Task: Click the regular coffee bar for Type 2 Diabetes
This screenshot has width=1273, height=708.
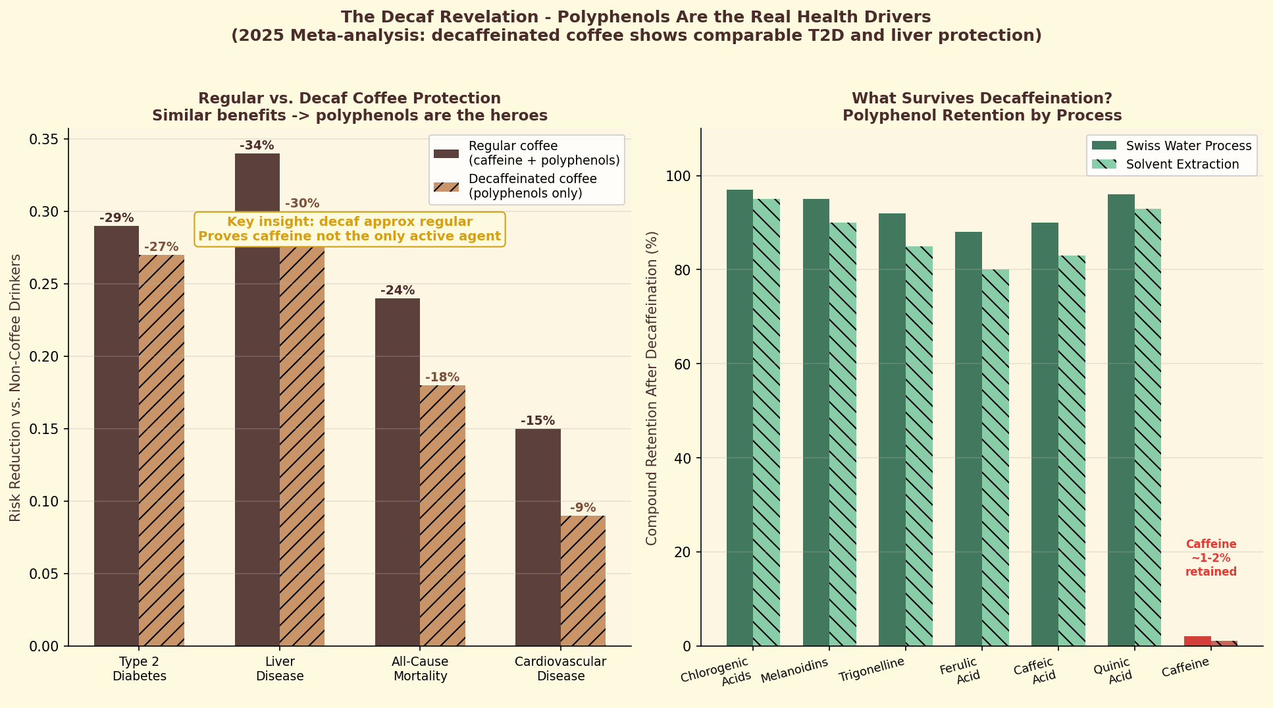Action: tap(117, 435)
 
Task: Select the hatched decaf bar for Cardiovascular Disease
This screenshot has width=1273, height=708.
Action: tap(583, 580)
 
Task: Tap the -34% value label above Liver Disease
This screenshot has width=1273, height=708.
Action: tap(257, 146)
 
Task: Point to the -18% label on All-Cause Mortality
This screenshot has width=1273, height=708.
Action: tap(442, 377)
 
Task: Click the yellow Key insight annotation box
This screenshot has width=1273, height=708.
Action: tap(350, 229)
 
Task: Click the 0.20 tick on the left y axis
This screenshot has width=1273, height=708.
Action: tap(44, 356)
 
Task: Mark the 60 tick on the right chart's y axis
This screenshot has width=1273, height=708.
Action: tap(683, 364)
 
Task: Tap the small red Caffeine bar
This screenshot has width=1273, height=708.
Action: tap(1197, 641)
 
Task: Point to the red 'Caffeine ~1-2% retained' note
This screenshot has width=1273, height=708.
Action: tap(1211, 558)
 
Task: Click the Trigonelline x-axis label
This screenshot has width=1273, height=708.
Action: tap(871, 670)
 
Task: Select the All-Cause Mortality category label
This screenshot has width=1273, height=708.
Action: tap(420, 668)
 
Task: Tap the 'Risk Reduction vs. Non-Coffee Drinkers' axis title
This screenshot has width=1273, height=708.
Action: tap(15, 387)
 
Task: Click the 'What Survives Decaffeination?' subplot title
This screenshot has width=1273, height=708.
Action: tap(981, 98)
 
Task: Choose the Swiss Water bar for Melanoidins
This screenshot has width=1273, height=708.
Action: tap(816, 422)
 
